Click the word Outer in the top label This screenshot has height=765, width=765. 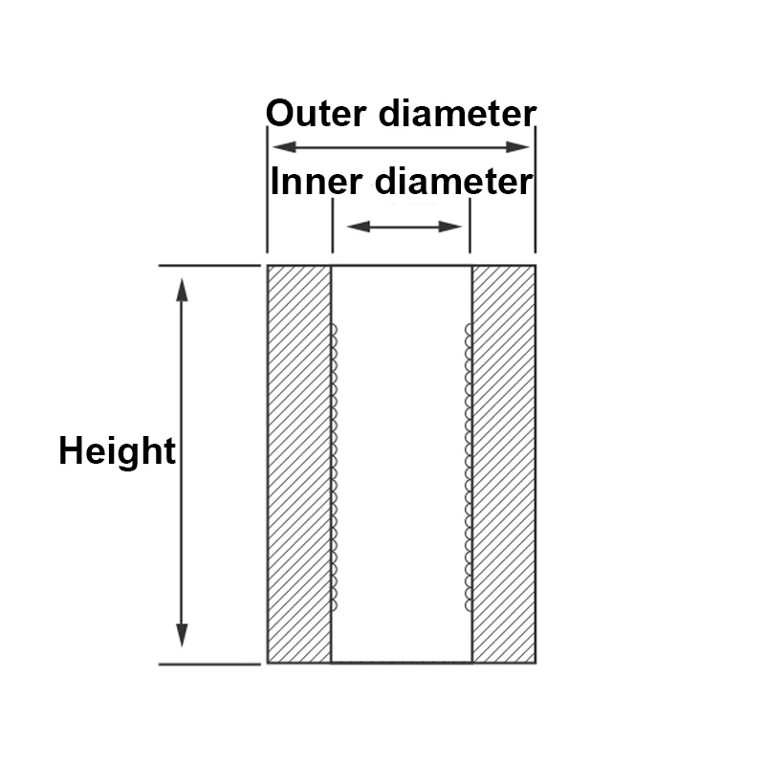(317, 113)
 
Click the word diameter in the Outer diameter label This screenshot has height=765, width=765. (458, 113)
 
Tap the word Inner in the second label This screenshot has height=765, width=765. (317, 181)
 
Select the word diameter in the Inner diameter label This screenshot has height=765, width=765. (453, 181)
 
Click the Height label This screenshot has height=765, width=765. (117, 451)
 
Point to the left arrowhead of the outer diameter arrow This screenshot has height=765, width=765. (284, 147)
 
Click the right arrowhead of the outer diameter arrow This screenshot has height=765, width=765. (517, 147)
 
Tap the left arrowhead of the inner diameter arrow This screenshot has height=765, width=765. (359, 227)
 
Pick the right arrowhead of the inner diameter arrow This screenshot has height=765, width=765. (449, 227)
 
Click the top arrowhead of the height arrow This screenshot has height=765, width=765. (182, 290)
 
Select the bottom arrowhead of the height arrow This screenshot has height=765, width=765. (182, 635)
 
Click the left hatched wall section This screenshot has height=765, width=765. (299, 464)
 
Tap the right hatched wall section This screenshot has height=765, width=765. (504, 464)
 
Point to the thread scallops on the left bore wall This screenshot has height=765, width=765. (334, 468)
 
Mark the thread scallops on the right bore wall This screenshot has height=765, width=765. (469, 468)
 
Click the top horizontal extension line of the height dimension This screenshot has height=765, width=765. (209, 266)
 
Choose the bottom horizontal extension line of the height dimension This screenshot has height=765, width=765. (209, 664)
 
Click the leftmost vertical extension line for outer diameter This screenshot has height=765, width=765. (268, 189)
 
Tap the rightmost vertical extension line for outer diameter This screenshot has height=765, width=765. (535, 189)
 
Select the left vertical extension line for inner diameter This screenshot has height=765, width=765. (333, 226)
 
